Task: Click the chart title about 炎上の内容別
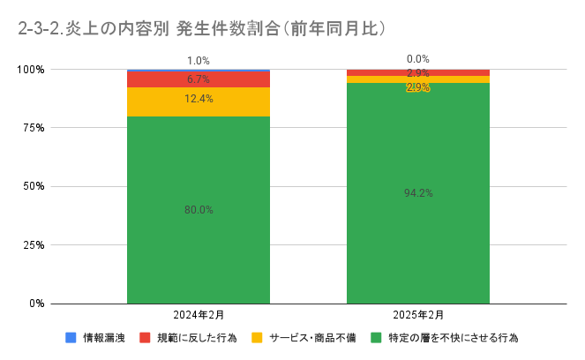click(x=202, y=28)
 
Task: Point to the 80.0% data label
click(x=199, y=210)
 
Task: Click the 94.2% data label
click(x=418, y=193)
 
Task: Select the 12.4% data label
click(x=199, y=98)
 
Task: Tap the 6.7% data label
click(x=199, y=79)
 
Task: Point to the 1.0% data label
click(x=199, y=61)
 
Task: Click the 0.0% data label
click(x=418, y=59)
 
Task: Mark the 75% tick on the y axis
click(x=34, y=128)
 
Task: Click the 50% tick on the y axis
click(x=34, y=186)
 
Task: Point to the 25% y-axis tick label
click(x=34, y=244)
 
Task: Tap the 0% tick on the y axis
click(x=37, y=304)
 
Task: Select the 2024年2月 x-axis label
click(x=199, y=315)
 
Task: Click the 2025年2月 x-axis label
click(x=418, y=315)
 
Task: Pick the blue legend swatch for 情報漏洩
click(x=71, y=337)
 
